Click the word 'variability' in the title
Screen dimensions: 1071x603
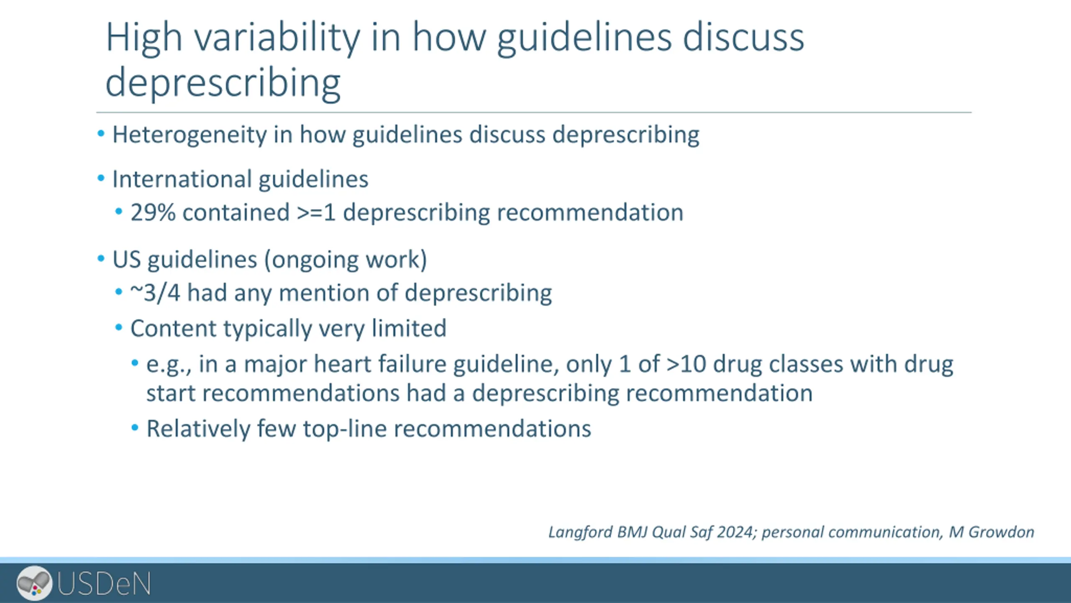coord(277,38)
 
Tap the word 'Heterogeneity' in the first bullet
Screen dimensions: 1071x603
coord(190,135)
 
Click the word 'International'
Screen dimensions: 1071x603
coord(182,179)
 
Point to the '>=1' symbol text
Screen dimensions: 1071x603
coord(316,212)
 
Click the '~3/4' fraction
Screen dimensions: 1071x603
coord(155,292)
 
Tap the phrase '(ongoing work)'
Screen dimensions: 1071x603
coord(346,260)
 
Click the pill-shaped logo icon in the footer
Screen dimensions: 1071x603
coord(34,582)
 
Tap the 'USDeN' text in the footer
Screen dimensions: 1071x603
coord(104,583)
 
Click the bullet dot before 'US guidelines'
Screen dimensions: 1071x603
coord(101,259)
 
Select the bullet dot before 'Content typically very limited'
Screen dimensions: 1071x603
coord(119,327)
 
